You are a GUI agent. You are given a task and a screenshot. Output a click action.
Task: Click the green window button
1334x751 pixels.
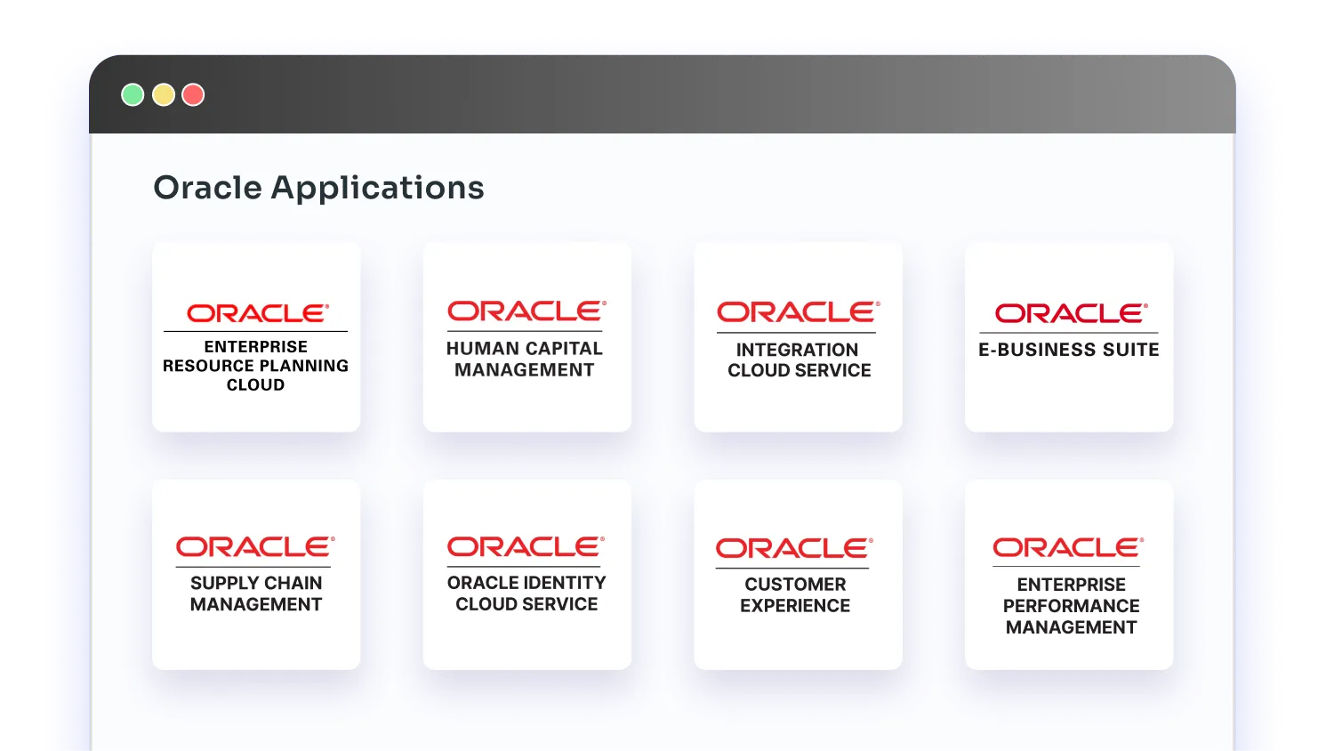click(x=133, y=95)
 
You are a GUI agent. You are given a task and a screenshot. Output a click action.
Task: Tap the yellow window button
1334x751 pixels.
click(x=164, y=95)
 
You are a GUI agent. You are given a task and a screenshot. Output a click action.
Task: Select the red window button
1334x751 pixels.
click(x=193, y=95)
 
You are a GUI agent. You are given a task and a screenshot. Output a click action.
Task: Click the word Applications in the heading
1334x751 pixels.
click(x=377, y=188)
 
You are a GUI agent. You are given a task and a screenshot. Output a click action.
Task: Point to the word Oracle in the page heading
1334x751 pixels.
click(x=207, y=188)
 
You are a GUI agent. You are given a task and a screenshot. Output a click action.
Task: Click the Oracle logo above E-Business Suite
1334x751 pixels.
click(x=1070, y=313)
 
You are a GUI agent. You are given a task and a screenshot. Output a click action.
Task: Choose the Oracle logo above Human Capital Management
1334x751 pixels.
click(x=526, y=311)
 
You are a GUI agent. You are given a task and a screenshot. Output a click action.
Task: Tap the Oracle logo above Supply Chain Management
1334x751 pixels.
click(x=254, y=546)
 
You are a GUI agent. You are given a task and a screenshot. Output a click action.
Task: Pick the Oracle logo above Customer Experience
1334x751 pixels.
click(x=793, y=548)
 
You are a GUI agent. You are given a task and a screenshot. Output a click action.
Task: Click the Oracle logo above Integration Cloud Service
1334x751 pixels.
click(x=798, y=312)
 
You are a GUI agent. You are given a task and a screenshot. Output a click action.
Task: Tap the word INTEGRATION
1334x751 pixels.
click(x=797, y=350)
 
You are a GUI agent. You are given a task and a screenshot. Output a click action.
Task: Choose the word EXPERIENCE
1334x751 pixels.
click(x=795, y=606)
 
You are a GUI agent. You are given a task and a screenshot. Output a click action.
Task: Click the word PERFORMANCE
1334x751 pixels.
click(x=1071, y=606)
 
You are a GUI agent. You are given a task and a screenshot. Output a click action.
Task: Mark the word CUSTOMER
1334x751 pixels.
click(x=795, y=585)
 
